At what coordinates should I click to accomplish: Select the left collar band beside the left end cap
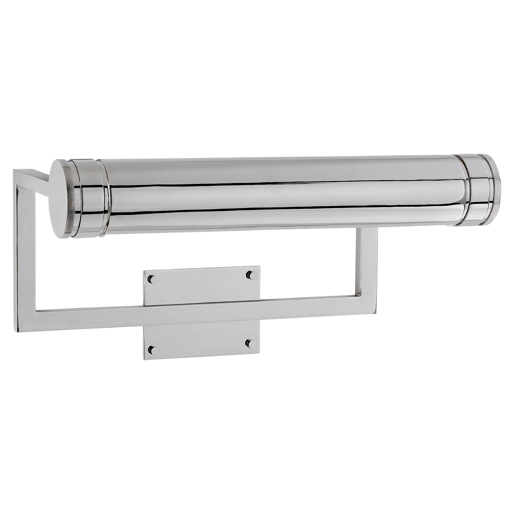[x=92, y=198]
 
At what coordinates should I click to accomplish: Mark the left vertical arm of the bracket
[x=25, y=250]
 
